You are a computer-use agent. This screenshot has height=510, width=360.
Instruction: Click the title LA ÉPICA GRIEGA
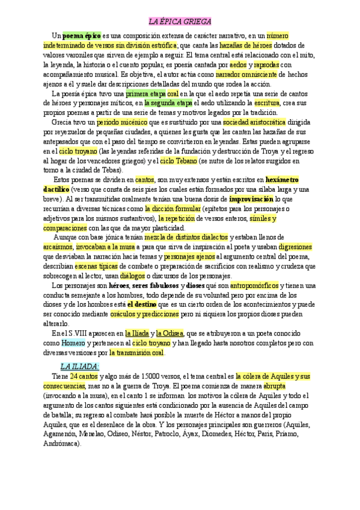pyautogui.click(x=180, y=20)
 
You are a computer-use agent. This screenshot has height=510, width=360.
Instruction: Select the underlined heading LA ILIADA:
pyautogui.click(x=79, y=366)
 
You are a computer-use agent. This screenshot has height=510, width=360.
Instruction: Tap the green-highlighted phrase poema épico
pyautogui.click(x=82, y=35)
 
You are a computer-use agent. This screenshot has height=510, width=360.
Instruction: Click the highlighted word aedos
pyautogui.click(x=238, y=65)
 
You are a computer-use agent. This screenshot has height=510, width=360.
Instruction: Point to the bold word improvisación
pyautogui.click(x=251, y=199)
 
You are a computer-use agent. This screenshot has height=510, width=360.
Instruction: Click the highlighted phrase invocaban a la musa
pyautogui.click(x=106, y=247)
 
